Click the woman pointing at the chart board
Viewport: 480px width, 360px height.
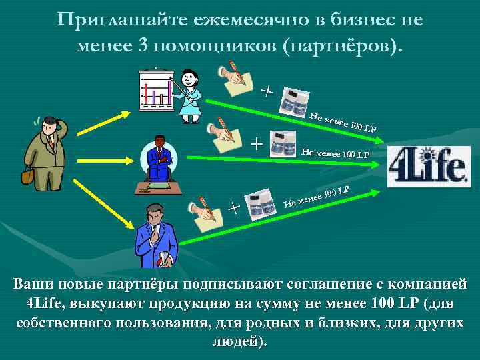pos(189,93)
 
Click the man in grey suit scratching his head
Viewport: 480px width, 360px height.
pos(45,151)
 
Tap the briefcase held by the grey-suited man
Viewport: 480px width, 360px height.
pos(27,176)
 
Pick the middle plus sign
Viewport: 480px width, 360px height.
pos(256,142)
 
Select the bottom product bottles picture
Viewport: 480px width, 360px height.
pos(259,206)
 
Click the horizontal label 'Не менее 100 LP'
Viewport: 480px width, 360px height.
pos(335,154)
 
